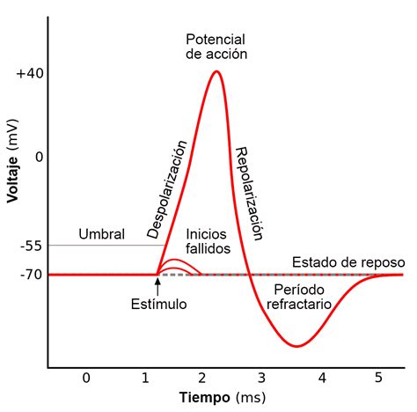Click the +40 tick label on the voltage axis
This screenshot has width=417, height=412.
coord(29,74)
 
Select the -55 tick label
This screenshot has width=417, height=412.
coord(31,246)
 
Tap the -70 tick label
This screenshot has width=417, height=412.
coord(31,275)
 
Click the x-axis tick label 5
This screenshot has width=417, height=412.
coord(379,378)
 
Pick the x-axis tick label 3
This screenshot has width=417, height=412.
coord(260,378)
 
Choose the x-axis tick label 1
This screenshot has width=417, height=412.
coord(144,378)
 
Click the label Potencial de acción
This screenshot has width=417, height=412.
coord(216,47)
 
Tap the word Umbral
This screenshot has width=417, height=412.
coord(101,234)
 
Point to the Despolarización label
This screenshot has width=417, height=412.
coord(166,188)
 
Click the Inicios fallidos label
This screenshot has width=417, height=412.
coord(208,241)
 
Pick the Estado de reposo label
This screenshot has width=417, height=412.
coord(348,262)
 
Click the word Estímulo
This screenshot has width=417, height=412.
coord(158,304)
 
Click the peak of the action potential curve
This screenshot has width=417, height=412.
coord(216,71)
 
